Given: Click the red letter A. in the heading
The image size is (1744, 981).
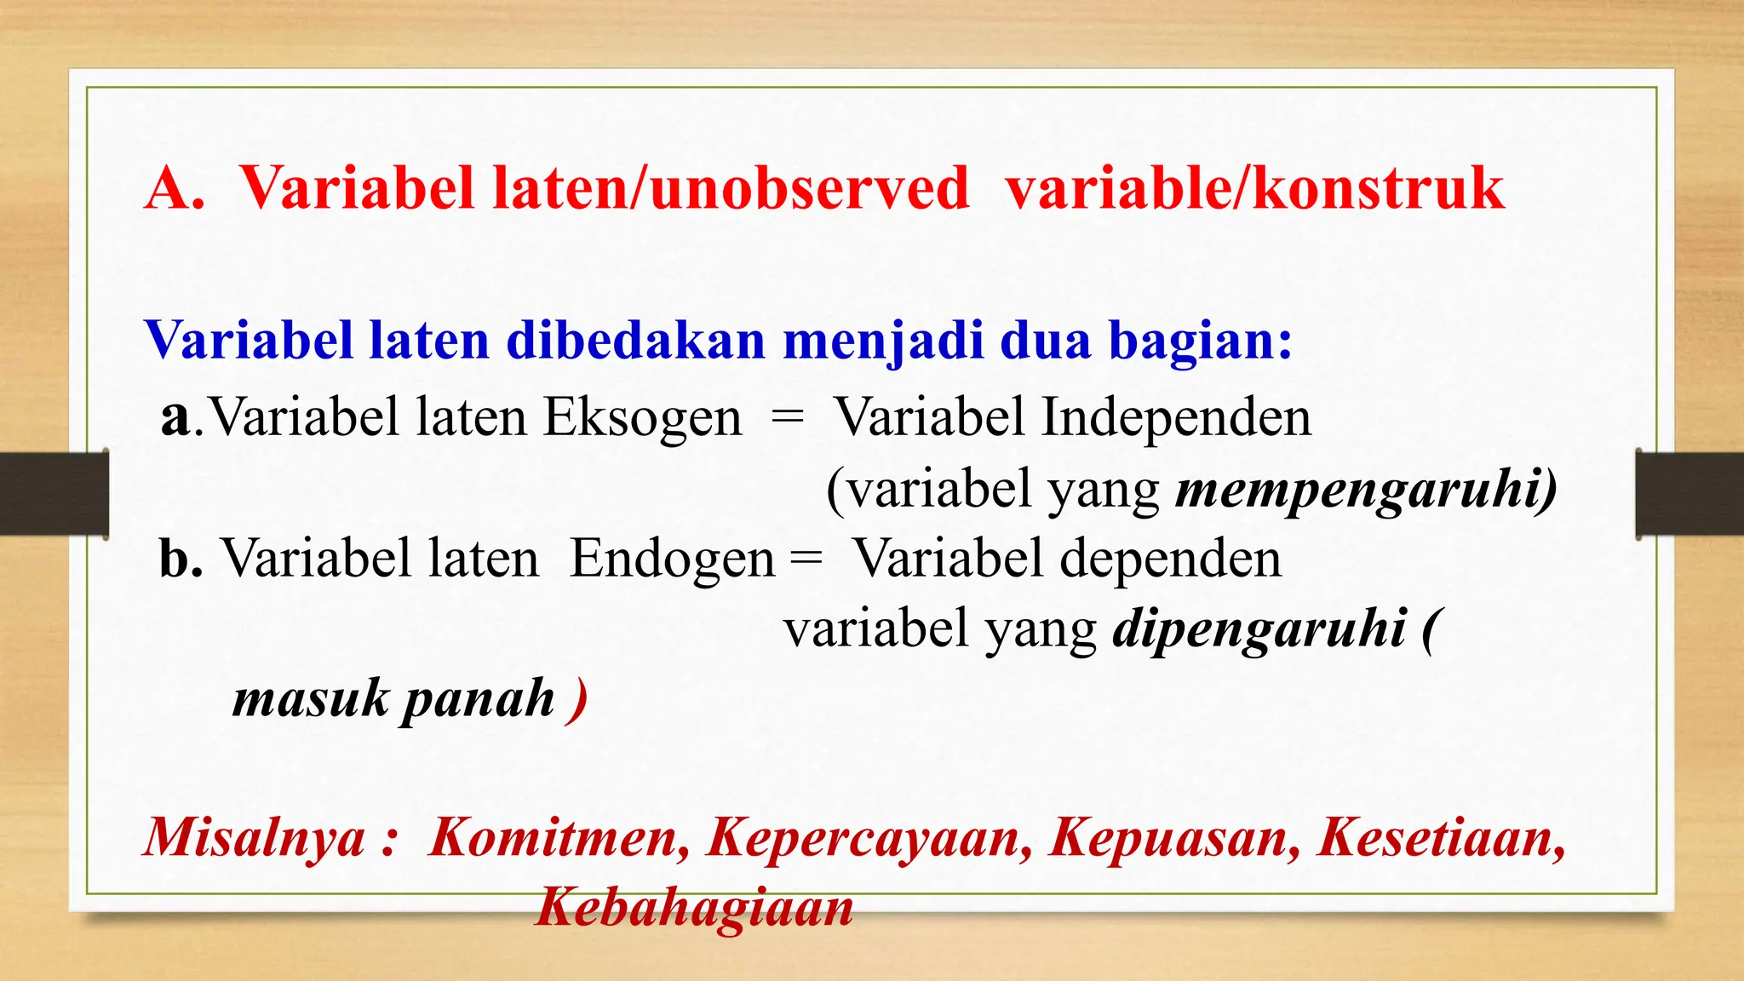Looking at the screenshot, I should pos(175,188).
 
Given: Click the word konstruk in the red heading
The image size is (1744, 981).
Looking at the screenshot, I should pos(1379,188).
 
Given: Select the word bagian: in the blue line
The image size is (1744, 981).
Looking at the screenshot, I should pos(1201,341).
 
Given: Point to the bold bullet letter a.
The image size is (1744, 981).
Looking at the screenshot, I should pos(176,418).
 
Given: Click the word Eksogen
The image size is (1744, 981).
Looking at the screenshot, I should pos(643,418).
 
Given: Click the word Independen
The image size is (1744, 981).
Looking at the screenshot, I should pos(1176,418).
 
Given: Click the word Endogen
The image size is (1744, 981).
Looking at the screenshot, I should pos(672,559).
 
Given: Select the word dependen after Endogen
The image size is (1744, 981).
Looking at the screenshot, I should pos(1170,559).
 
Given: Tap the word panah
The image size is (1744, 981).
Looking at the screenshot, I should pos(478,699).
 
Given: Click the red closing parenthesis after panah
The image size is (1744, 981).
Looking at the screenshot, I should pos(578,701).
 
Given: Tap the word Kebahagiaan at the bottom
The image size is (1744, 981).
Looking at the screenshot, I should pos(694,907).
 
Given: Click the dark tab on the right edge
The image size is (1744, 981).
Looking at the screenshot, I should pos(1689,494).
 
